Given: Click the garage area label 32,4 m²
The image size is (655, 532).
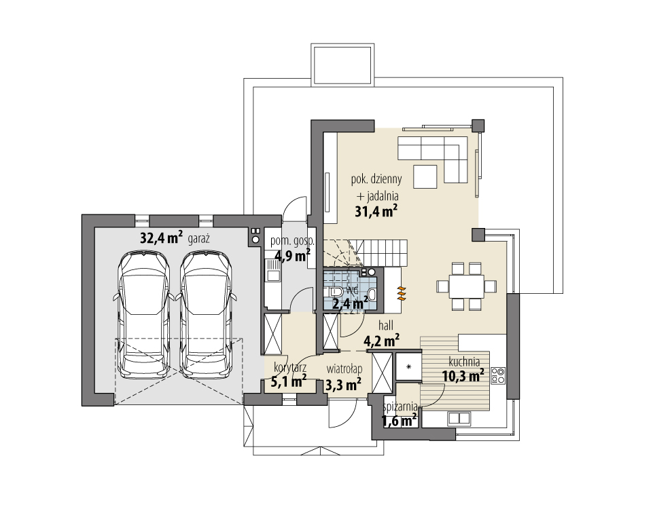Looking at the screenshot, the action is [x=161, y=237].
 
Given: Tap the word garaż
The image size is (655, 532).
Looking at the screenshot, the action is [x=198, y=240].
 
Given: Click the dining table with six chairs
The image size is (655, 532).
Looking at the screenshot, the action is [x=466, y=286].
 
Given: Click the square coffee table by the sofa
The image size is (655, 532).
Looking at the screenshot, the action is [x=425, y=176].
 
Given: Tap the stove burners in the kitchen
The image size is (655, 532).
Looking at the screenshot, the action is [x=498, y=375].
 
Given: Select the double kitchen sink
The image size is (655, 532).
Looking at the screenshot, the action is [x=459, y=418].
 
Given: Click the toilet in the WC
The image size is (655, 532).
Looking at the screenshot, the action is [x=336, y=292].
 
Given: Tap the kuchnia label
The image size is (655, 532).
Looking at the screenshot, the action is [x=464, y=362].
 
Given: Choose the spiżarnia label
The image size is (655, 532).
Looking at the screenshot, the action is [x=400, y=406].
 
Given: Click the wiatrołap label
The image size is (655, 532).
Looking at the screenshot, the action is [x=344, y=369].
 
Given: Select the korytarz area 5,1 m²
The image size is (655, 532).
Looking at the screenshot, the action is [x=289, y=381].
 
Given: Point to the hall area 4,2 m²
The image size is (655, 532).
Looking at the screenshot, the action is [x=381, y=341].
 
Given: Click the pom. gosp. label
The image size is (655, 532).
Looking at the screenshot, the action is [x=292, y=241].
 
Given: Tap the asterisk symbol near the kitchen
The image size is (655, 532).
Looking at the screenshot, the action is [x=408, y=366].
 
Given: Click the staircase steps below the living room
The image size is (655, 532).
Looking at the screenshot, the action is [x=365, y=252].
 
